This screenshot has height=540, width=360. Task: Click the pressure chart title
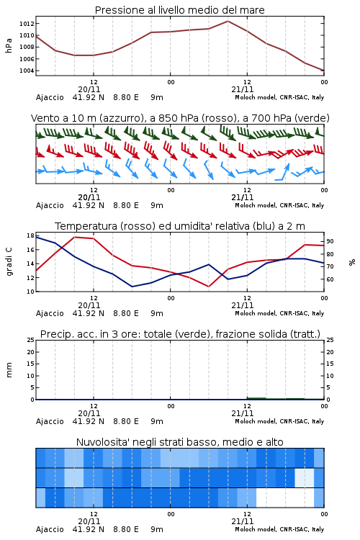(x=179, y=10)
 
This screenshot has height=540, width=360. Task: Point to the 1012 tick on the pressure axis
(x=27, y=24)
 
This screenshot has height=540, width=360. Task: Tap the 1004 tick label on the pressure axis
(x=27, y=71)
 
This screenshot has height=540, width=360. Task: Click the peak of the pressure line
(x=228, y=21)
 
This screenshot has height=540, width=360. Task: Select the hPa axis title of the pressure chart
(x=9, y=45)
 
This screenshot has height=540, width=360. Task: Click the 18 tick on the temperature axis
(x=30, y=235)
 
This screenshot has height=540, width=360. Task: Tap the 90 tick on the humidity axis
(x=330, y=241)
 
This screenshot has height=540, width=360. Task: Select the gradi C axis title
(x=9, y=261)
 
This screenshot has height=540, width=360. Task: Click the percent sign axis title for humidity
(x=352, y=262)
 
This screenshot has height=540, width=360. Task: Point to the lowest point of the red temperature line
(x=208, y=286)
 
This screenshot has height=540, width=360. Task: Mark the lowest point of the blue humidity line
(x=132, y=287)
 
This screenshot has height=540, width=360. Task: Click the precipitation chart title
(x=180, y=334)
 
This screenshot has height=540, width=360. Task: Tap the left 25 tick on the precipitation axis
(x=31, y=340)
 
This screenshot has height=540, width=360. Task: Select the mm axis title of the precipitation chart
(x=9, y=370)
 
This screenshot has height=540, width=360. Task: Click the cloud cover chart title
(x=179, y=442)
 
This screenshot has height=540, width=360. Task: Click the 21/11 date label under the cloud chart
(x=243, y=521)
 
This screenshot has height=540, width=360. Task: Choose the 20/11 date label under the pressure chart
(x=89, y=89)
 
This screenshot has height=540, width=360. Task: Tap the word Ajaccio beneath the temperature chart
(x=50, y=313)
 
